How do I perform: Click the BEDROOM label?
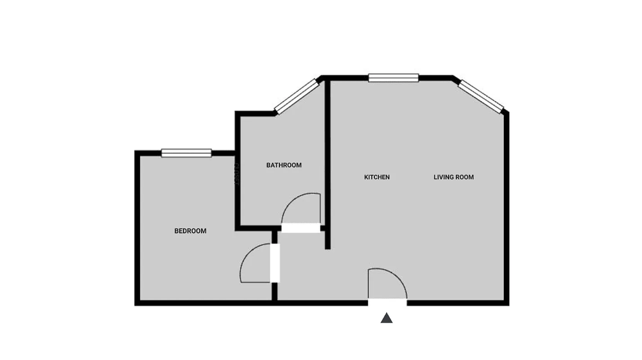point(190,231)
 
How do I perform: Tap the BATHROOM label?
point(284,165)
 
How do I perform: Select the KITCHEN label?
point(377,177)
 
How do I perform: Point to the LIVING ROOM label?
point(453,177)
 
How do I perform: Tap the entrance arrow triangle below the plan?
point(386,318)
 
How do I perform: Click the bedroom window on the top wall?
point(186,153)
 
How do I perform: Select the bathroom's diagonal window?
point(296,96)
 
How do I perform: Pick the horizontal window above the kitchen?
point(394,78)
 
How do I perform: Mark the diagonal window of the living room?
point(480,96)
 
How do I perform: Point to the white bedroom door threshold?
point(275,263)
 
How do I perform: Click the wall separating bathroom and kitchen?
point(328,162)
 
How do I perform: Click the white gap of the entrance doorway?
point(387,303)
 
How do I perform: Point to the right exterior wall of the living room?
point(507,207)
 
